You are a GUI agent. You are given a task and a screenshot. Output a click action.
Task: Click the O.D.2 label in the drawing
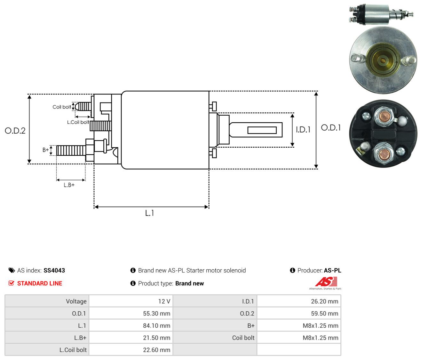tap(15, 131)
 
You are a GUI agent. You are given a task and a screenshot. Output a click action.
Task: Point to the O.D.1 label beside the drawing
tap(330, 128)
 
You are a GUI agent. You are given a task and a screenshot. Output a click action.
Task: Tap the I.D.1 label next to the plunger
tap(303, 129)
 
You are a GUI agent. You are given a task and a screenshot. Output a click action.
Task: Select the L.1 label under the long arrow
tap(149, 213)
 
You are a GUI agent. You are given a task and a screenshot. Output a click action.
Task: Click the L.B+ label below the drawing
tap(69, 185)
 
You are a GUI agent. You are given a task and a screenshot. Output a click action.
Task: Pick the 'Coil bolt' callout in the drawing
tap(62, 107)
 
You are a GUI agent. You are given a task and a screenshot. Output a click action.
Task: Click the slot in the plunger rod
tap(262, 130)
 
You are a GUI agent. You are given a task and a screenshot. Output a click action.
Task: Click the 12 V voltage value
tap(164, 301)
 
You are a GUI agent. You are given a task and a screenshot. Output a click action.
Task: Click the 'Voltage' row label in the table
tap(76, 301)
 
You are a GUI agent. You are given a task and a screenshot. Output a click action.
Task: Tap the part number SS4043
tap(54, 270)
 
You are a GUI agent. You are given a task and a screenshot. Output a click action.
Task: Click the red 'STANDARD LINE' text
tap(40, 283)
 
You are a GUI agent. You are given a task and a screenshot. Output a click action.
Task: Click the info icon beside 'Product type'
tap(133, 283)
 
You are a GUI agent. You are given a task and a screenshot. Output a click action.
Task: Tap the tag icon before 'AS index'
tap(12, 270)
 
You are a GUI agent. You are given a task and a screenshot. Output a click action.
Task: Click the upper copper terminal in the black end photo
tap(384, 117)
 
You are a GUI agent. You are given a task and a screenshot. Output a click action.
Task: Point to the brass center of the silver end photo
tap(383, 60)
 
